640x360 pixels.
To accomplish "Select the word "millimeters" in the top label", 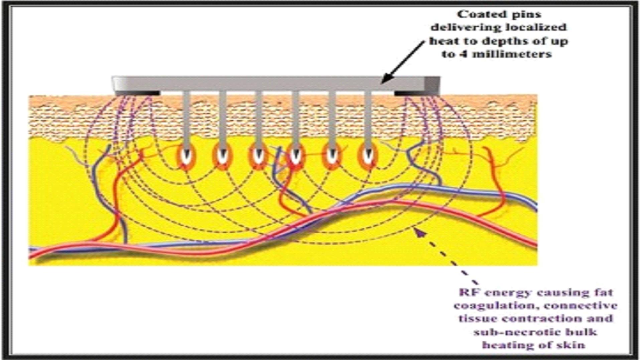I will (x=513, y=54).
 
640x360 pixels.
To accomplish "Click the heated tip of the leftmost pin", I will (x=186, y=156).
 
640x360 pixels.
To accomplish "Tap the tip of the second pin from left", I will (x=223, y=156).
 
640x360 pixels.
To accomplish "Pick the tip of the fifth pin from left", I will (x=332, y=156).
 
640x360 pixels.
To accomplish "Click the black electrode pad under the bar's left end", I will (x=137, y=93).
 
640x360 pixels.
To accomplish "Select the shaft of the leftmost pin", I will (x=186, y=120).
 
